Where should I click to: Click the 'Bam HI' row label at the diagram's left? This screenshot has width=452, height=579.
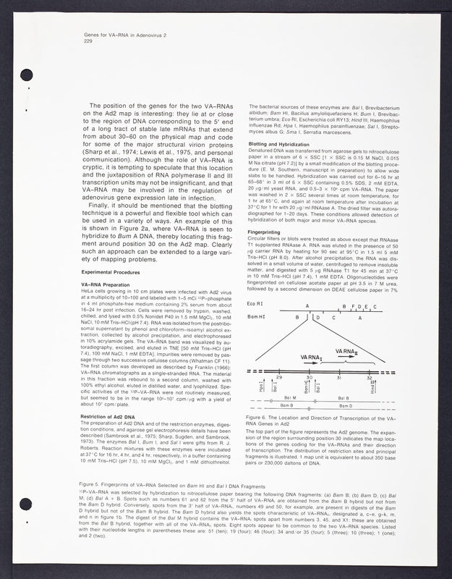(x=256, y=317)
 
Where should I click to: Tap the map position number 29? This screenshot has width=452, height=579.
(x=279, y=377)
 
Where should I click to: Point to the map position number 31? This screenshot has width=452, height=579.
(x=339, y=377)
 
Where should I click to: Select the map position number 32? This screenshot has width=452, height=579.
(x=370, y=377)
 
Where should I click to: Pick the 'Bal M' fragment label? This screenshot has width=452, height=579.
(x=290, y=397)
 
